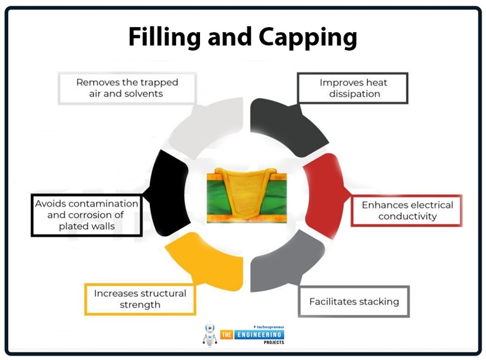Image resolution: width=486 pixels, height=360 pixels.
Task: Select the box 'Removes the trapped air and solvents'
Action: point(127,88)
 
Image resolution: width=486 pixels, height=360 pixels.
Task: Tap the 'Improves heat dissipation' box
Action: point(353,88)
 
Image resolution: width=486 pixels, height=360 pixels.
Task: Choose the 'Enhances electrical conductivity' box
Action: point(407,211)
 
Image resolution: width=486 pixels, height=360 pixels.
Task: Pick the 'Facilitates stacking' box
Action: point(354,301)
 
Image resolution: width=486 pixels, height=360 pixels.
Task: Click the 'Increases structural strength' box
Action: point(140,299)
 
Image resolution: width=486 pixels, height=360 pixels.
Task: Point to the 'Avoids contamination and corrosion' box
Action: point(87,214)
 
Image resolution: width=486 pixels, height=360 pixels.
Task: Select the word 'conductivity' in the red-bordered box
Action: point(408,216)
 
